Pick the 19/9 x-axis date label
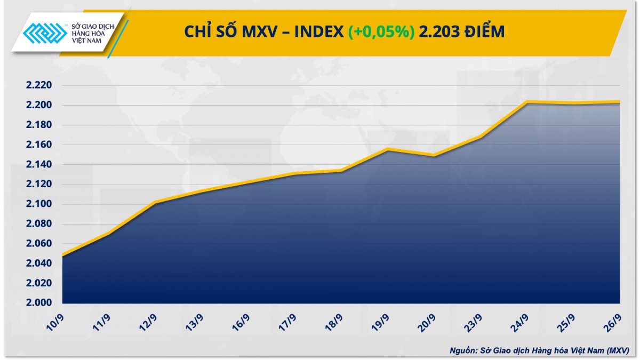(380, 322)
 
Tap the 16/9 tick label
(241, 322)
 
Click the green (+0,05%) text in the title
(381, 31)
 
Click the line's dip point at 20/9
(434, 155)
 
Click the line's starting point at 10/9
(63, 255)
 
